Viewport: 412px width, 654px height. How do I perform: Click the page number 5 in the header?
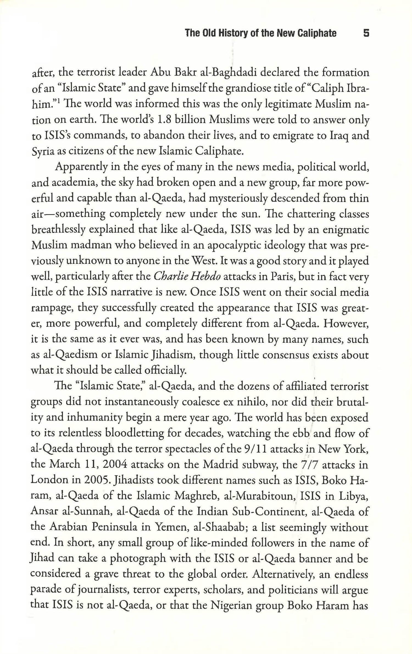tap(366, 33)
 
